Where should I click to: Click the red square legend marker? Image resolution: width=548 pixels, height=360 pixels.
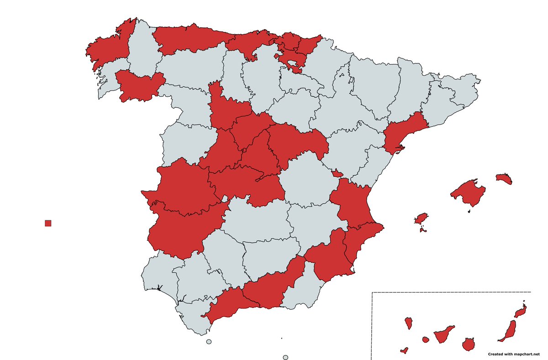pos(48,223)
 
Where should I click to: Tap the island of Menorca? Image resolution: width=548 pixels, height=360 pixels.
pos(504,178)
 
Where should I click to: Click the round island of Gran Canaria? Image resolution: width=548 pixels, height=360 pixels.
pos(468,344)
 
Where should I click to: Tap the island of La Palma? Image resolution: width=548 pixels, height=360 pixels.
pos(409,323)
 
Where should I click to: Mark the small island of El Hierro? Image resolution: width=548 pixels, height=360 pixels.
pos(404,350)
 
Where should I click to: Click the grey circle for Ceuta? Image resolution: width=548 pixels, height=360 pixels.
pos(209,342)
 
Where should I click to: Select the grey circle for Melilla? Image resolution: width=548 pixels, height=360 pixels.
pos(285,358)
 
